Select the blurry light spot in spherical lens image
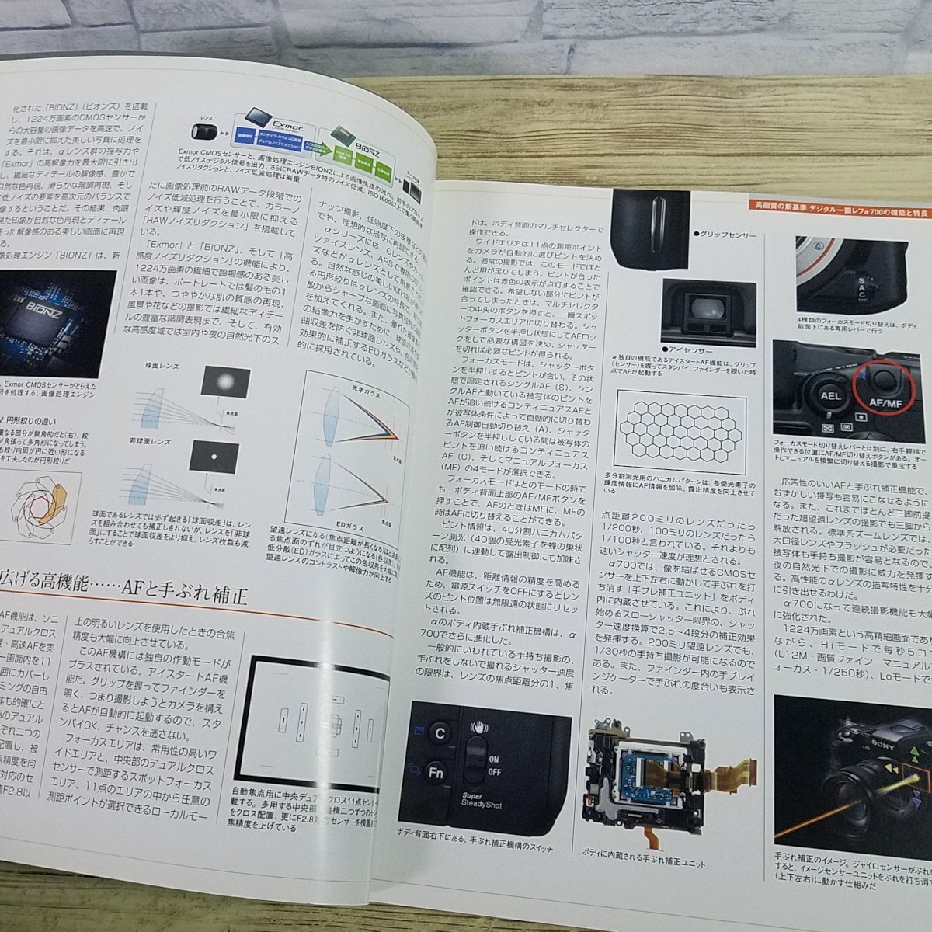(225, 381)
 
